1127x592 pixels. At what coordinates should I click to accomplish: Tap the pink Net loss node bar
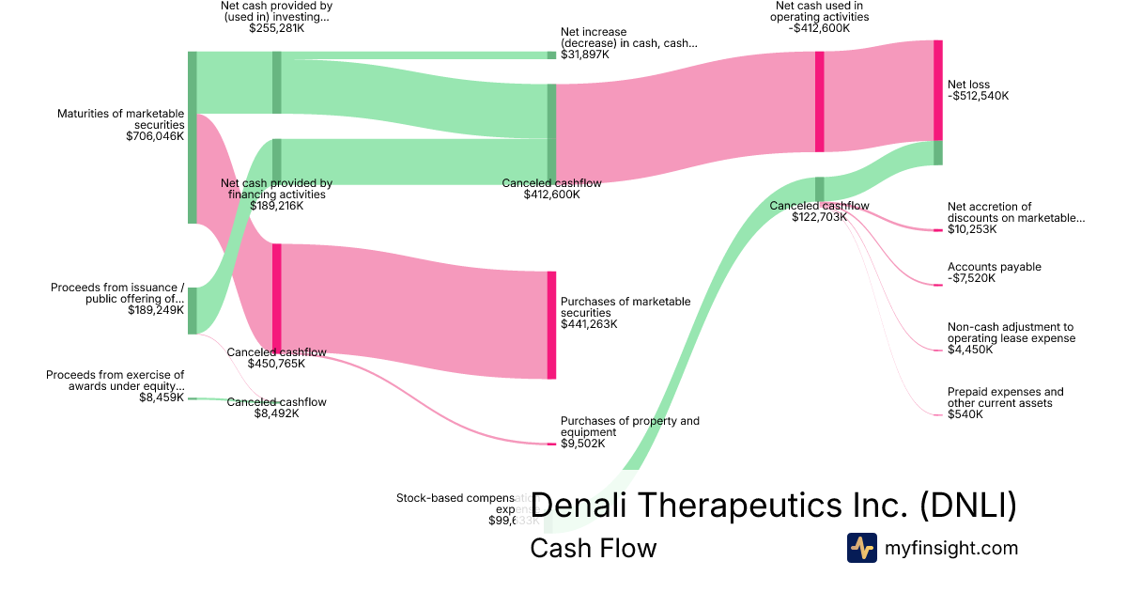937,90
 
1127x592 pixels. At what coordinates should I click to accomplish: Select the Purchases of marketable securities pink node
551,325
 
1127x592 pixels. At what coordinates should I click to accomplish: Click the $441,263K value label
589,324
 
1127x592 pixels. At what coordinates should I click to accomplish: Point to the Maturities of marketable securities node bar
193,137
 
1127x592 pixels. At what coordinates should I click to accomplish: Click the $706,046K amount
155,136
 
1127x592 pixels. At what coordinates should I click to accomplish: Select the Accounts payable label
994,267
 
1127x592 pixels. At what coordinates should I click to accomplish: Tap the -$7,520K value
972,278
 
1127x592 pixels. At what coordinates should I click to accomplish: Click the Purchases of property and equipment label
629,427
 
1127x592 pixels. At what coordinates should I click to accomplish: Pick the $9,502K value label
583,444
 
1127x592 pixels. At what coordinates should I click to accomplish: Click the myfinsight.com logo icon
861,548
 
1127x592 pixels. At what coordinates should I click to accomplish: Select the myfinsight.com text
951,548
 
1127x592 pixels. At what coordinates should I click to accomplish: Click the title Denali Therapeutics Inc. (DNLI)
773,506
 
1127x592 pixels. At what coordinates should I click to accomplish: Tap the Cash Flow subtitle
593,548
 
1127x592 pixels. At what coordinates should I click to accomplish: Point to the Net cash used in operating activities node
819,101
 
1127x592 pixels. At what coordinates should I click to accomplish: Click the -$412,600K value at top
819,28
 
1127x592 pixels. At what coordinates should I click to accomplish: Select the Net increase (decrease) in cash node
551,55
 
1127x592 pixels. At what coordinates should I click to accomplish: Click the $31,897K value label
584,55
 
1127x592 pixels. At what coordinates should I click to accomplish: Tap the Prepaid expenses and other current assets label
1005,397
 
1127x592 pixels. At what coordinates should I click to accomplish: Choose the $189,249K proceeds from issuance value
156,309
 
